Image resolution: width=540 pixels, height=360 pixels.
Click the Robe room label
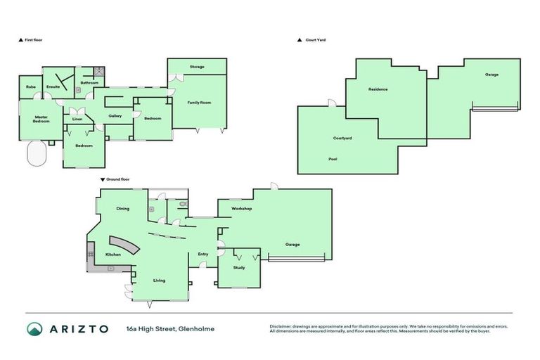click(x=31, y=86)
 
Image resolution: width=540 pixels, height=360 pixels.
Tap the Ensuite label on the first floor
click(x=53, y=86)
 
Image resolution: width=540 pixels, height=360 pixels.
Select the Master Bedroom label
click(x=41, y=119)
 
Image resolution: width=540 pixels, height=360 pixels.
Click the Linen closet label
click(x=77, y=120)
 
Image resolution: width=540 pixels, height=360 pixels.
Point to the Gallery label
click(x=115, y=116)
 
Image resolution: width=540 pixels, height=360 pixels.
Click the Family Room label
click(x=199, y=103)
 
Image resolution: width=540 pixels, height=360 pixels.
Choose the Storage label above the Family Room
click(x=197, y=67)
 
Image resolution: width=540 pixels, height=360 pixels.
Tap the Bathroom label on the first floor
click(x=89, y=82)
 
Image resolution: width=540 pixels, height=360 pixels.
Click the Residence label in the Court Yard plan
click(x=378, y=89)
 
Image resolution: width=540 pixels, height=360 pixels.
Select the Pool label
click(x=333, y=159)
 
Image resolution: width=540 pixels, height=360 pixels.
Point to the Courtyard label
click(x=342, y=138)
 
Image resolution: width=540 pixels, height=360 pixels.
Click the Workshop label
click(x=242, y=209)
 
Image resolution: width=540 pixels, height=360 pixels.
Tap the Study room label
click(x=239, y=267)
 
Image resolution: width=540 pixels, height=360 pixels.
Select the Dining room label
click(x=123, y=209)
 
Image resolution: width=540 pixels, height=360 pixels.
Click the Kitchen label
click(x=113, y=254)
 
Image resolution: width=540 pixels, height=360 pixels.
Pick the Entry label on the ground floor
click(x=203, y=254)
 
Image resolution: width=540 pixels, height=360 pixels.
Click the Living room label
click(x=160, y=281)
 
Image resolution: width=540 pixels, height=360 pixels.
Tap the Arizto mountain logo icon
click(x=35, y=328)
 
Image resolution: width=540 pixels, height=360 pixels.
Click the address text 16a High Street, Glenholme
click(x=170, y=328)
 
